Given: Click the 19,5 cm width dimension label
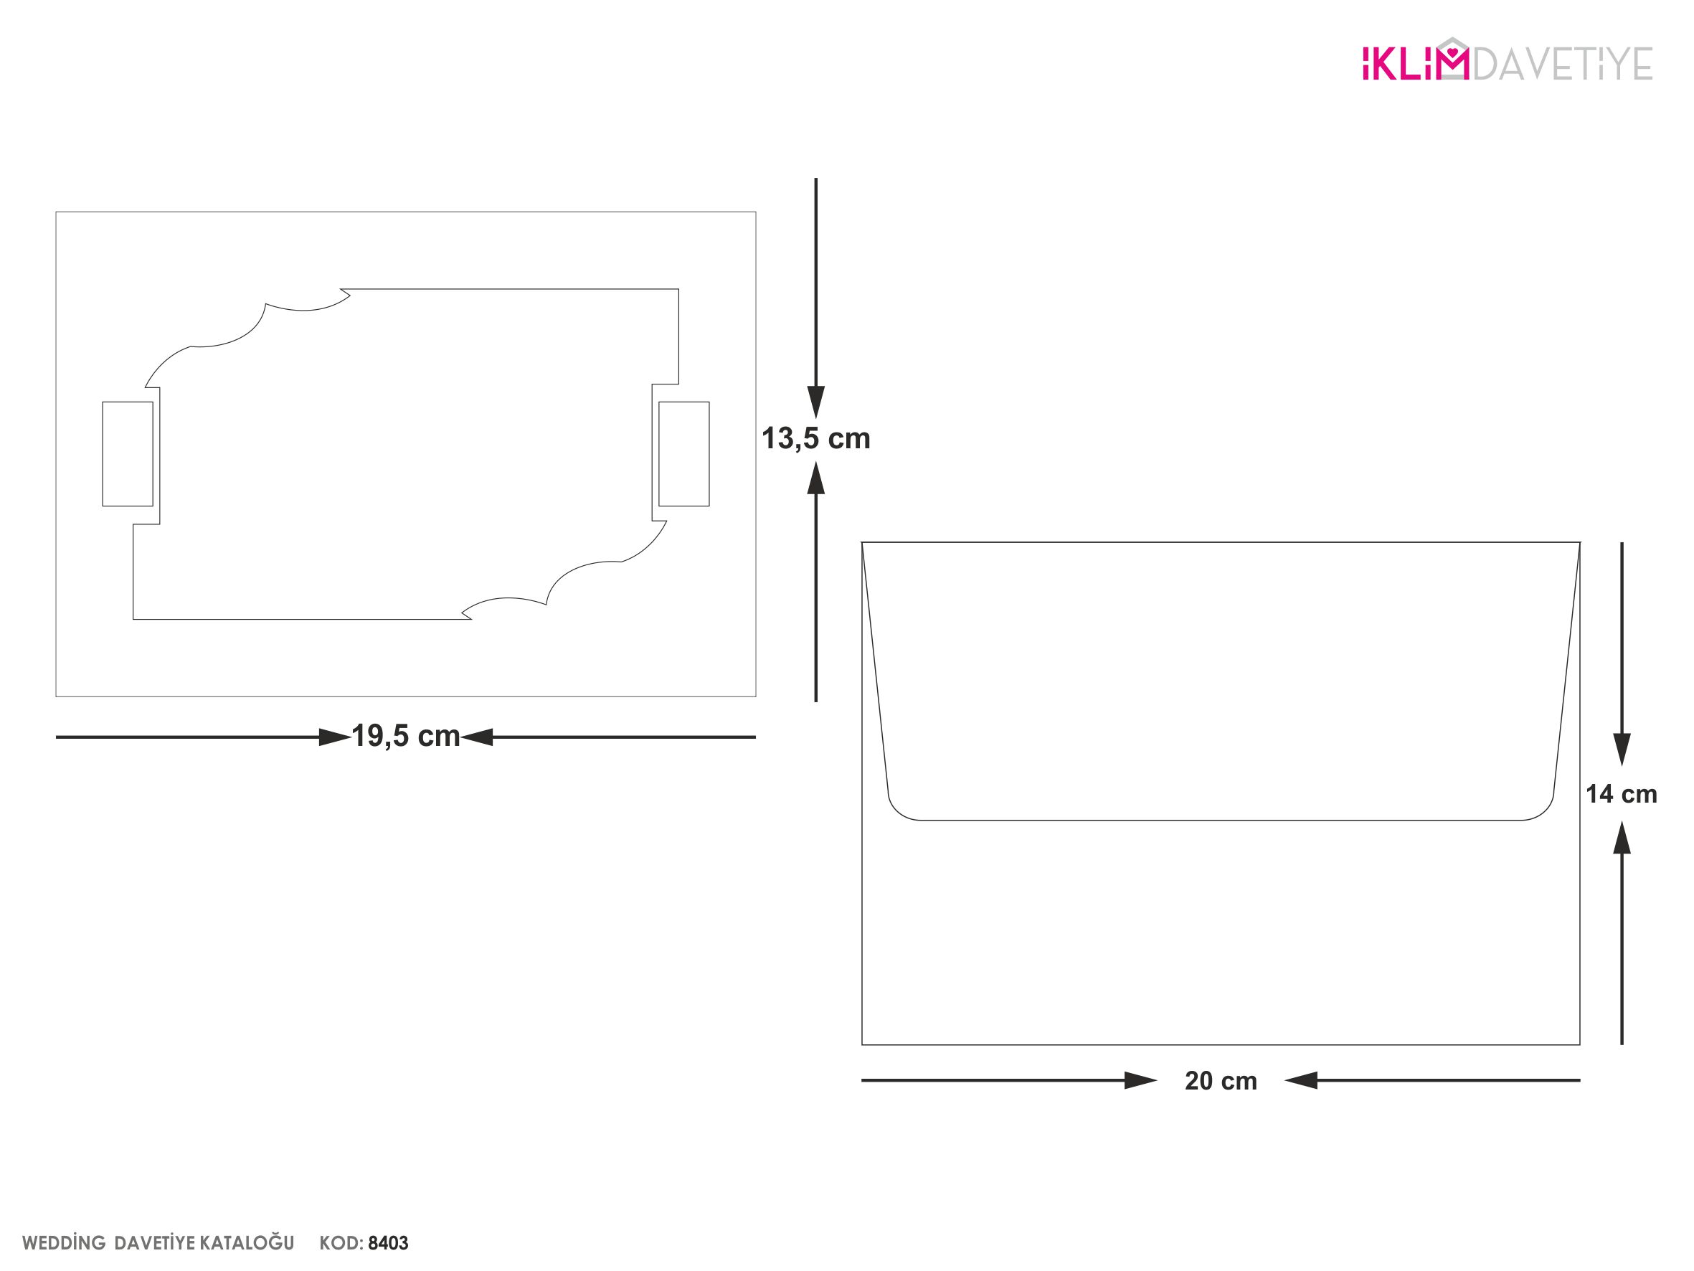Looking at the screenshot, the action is coord(405,735).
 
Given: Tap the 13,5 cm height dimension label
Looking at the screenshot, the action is coord(815,438).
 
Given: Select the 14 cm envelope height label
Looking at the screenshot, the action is coord(1622,794).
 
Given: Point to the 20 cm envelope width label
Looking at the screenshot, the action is coord(1221,1080).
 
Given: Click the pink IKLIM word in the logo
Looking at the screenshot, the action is coord(1415,61).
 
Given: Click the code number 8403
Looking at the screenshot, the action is coord(388,1242).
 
